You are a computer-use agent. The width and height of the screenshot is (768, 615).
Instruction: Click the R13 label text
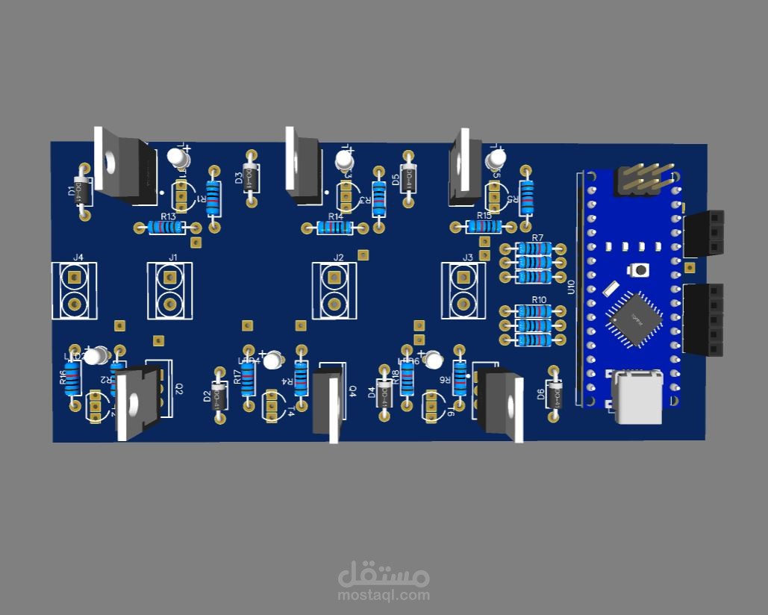click(168, 216)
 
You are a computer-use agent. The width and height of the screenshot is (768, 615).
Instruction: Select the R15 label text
click(484, 216)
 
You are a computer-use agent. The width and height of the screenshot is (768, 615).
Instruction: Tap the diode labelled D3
click(252, 178)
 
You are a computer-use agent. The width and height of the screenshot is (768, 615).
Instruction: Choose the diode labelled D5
click(408, 178)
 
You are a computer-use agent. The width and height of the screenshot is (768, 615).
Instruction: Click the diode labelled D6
click(554, 394)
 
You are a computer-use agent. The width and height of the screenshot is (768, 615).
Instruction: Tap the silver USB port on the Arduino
click(638, 398)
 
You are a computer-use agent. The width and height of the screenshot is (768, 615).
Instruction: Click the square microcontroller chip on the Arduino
click(636, 319)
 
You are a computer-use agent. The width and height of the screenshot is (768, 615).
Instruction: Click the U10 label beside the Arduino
click(572, 287)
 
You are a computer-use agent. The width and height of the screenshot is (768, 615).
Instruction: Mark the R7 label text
click(537, 238)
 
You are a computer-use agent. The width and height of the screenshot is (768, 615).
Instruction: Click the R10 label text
click(538, 300)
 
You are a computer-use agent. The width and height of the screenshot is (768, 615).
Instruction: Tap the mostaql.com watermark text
click(384, 596)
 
